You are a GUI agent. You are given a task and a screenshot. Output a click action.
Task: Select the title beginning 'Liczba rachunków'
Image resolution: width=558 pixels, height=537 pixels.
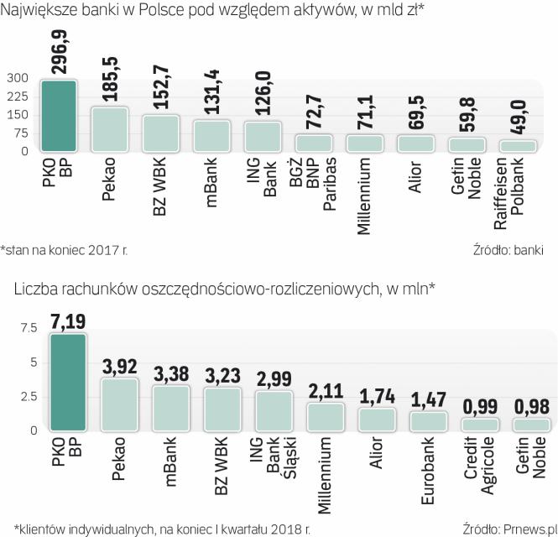coord(223,289)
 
